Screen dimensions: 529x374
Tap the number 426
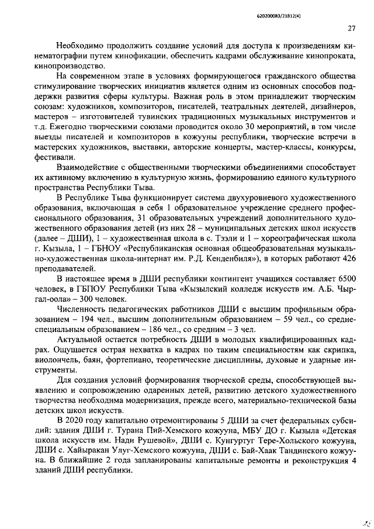348,258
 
